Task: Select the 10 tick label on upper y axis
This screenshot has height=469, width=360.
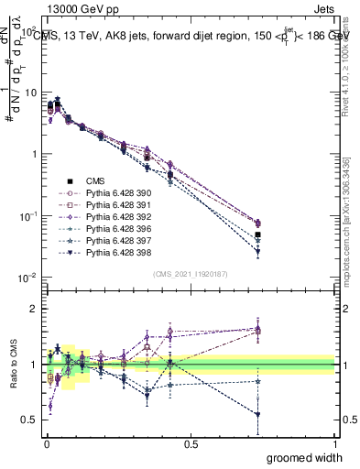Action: click(x=29, y=93)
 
